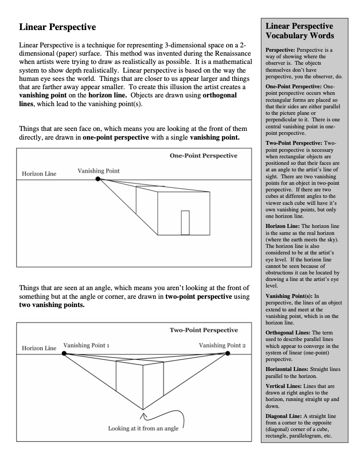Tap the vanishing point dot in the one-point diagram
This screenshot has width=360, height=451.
coord(99,179)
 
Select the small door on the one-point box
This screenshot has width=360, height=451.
coord(185,223)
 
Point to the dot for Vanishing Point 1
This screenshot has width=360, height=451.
coord(64,353)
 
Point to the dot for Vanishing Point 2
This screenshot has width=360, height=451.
coord(227,353)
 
